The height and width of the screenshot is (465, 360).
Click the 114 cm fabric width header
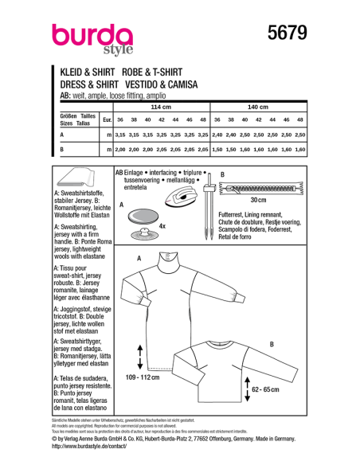click(161, 106)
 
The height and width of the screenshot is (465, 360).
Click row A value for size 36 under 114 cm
click(120, 135)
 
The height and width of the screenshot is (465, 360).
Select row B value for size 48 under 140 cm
click(300, 149)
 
